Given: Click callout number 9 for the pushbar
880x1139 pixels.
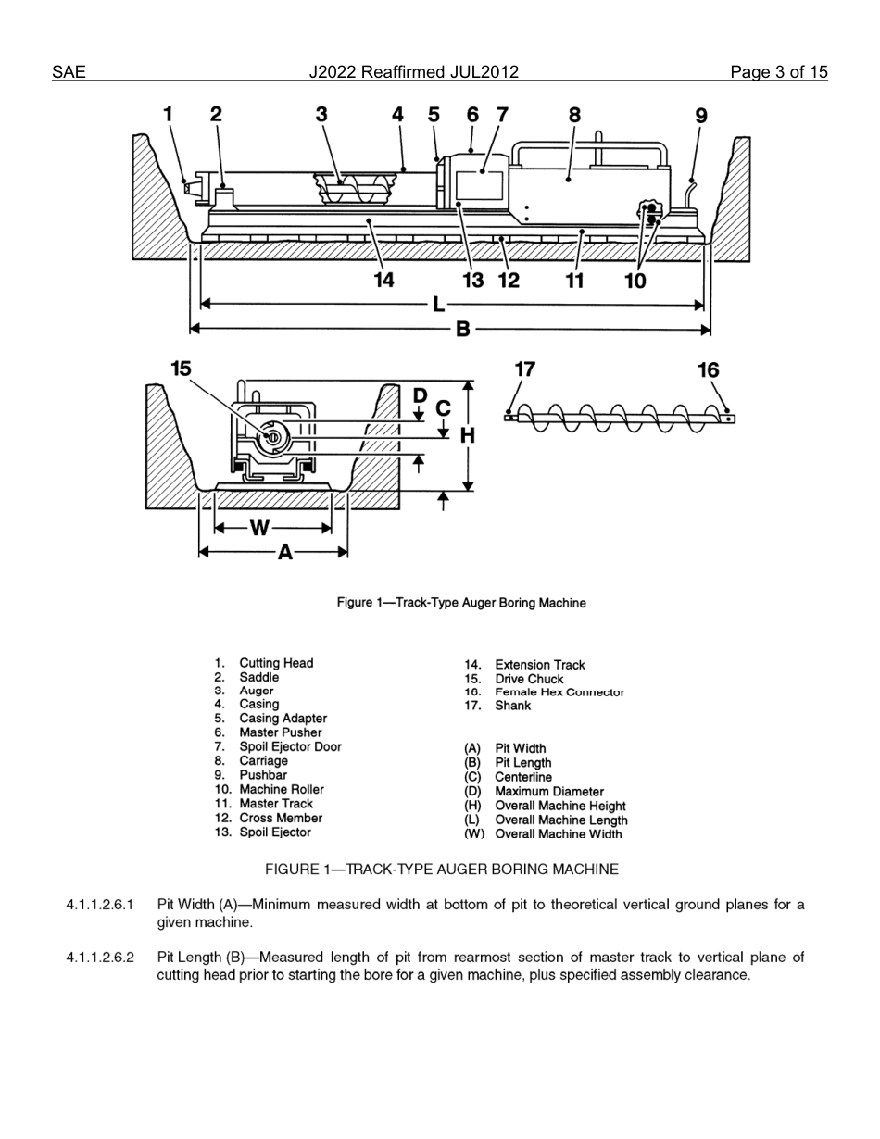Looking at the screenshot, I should (x=700, y=116).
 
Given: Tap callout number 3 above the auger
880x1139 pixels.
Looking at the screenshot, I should (x=321, y=114).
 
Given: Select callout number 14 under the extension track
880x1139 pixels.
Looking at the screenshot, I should (x=383, y=280).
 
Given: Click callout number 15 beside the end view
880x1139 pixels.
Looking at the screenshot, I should (x=181, y=369).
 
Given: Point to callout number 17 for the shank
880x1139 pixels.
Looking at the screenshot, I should (x=524, y=369).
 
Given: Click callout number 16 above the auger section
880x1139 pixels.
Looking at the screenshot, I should (x=708, y=370).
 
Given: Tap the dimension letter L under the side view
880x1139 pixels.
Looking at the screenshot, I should (x=439, y=304).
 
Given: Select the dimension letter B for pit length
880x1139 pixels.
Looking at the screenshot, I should (x=462, y=329).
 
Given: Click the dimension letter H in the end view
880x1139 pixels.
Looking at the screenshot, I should (x=468, y=435).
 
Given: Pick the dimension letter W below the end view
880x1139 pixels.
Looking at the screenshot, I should (x=259, y=528).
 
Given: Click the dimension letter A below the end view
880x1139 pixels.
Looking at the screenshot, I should (x=285, y=553).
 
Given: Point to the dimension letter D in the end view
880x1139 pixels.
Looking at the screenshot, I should (x=420, y=395).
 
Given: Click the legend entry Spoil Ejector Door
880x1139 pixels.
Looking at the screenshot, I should (x=290, y=746).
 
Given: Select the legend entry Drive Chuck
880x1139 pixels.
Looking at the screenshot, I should (x=529, y=679).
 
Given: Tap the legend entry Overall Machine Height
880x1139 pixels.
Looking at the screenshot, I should (x=559, y=806).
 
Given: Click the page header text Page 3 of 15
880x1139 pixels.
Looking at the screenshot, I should (x=778, y=72).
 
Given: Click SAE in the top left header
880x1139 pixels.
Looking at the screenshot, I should (x=69, y=72).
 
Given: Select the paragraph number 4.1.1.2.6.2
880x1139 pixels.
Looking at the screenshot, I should (x=100, y=957).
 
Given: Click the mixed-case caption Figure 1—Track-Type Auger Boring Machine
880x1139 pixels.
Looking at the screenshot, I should (x=460, y=603).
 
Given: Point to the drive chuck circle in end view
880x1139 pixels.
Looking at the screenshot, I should (x=272, y=437).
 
